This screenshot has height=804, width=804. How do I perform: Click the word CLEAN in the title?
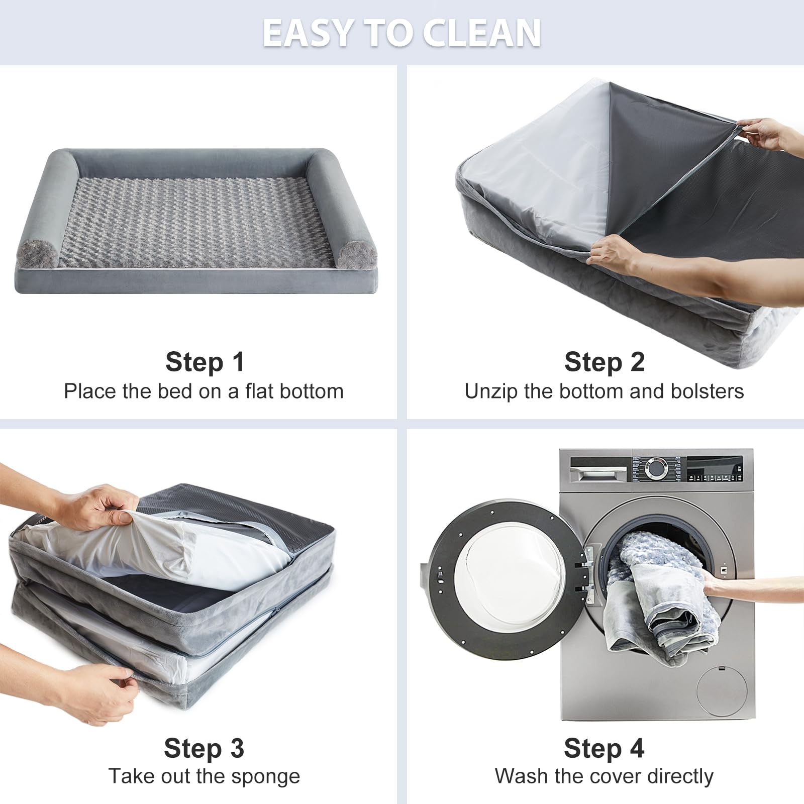pos(481,33)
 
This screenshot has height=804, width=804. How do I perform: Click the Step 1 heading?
pos(205,362)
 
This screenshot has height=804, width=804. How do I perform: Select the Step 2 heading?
pos(605,362)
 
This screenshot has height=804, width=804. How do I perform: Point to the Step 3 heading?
pos(204,748)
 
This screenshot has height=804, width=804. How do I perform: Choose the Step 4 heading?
pos(604,748)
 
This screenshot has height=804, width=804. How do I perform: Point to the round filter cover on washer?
pos(722,691)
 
